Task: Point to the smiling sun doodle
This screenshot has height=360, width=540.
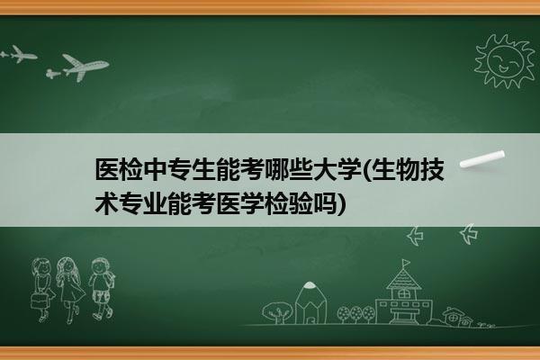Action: coord(505,61)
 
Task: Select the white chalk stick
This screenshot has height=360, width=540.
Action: coord(482,159)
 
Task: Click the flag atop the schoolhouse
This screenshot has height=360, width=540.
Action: coord(407,263)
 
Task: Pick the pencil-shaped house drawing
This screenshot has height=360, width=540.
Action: coord(310,303)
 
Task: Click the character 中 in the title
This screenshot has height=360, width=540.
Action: coord(156,170)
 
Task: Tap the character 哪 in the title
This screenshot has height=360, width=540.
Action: coord(276,170)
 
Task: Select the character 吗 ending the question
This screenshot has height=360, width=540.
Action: coord(324,203)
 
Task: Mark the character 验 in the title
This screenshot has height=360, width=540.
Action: coord(300,203)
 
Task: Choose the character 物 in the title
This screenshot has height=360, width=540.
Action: coord(408,170)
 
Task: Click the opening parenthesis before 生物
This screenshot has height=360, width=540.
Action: coord(366,170)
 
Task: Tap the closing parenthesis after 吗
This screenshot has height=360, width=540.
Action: coord(341,204)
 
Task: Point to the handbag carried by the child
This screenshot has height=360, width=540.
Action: coord(38,301)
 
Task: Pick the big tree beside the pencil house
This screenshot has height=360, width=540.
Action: coord(277,312)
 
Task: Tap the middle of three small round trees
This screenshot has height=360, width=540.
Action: coord(356,314)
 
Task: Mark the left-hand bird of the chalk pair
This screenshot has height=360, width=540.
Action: coord(415,236)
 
